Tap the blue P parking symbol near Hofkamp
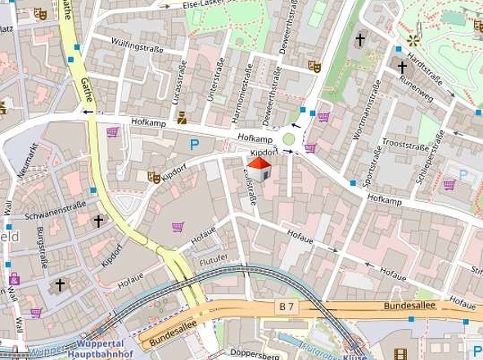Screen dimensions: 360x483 pyautogui.click(x=195, y=146)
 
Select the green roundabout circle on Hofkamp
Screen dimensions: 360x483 pyautogui.click(x=289, y=140)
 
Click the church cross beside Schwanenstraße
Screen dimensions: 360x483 pyautogui.click(x=99, y=220)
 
